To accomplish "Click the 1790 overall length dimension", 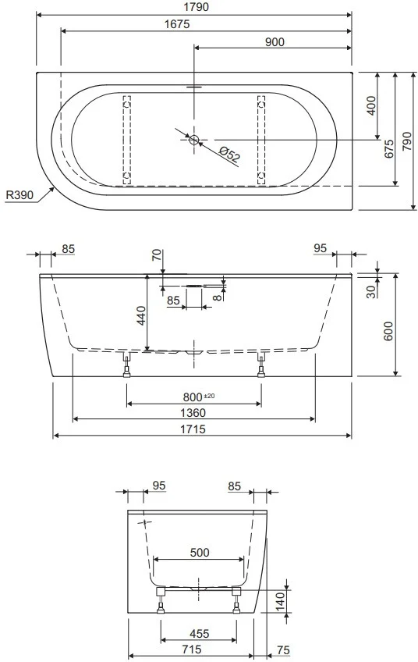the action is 197,7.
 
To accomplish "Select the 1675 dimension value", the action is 177,24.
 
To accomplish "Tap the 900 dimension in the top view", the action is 275,42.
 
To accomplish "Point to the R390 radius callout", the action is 19,195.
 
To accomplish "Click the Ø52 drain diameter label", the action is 230,155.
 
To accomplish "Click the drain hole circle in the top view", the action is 194,139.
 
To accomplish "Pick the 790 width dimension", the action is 406,141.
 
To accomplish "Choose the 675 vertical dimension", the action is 389,149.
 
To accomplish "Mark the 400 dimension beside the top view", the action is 370,106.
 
